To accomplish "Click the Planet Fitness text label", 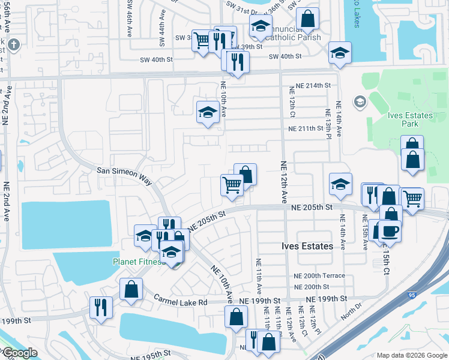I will point(137,262).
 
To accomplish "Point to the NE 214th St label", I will point(310,86).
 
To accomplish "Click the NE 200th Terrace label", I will point(319,275).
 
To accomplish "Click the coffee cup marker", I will point(390,231).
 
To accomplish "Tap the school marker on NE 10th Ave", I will point(208,112).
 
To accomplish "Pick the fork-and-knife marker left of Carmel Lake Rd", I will point(101,307).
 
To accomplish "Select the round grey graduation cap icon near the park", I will point(360,101).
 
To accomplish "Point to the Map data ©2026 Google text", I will point(411,355).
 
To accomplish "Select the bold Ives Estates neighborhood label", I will point(307,246).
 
